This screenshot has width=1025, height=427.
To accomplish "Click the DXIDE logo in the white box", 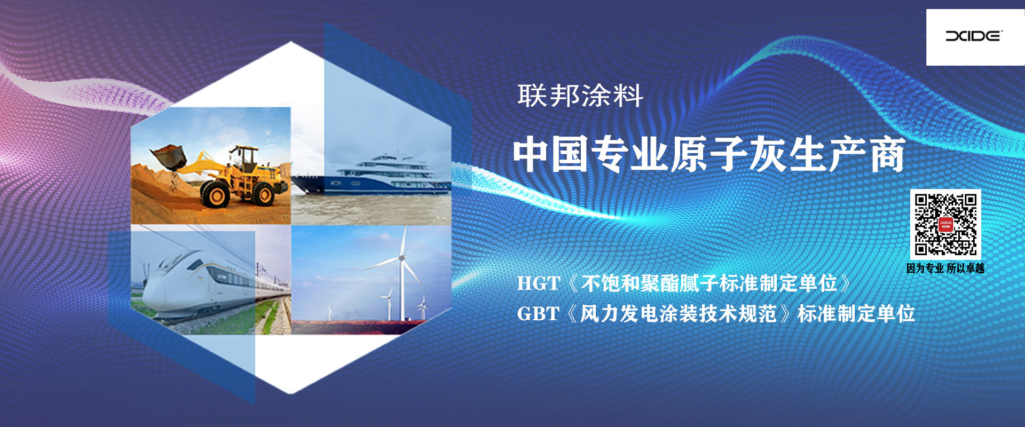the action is (x=974, y=36).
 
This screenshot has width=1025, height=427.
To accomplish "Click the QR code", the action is (x=945, y=224).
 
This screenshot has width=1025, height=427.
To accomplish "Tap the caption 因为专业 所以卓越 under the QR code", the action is (x=945, y=268).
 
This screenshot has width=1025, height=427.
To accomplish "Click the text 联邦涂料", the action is (x=580, y=96).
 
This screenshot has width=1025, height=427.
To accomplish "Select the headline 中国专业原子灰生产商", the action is (x=709, y=154).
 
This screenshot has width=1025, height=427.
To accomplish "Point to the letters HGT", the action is (x=538, y=283).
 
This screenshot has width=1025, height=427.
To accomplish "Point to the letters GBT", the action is (x=538, y=314).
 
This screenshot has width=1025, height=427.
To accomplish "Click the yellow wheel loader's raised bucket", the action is (x=169, y=156).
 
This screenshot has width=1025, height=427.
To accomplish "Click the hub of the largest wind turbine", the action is (x=401, y=258).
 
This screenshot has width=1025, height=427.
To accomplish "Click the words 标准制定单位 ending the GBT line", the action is (x=856, y=314).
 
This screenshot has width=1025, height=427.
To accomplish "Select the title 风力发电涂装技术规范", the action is (x=678, y=314).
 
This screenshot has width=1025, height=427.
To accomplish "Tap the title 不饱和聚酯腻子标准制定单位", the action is (x=709, y=283).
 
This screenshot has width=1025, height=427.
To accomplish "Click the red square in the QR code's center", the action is (x=945, y=225).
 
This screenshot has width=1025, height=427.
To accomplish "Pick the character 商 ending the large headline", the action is (x=887, y=154).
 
